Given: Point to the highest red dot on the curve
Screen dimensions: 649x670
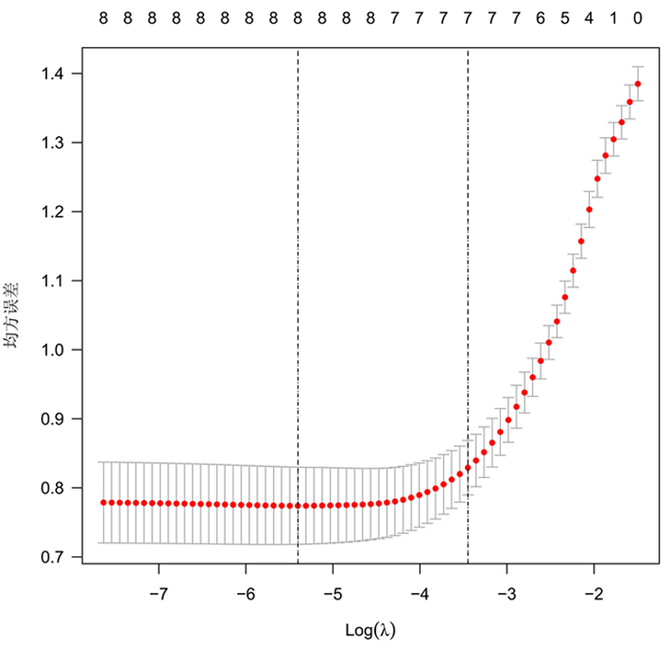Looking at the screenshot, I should [638, 83].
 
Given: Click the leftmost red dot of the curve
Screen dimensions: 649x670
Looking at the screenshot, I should [104, 502].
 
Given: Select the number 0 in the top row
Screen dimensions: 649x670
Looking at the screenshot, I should [638, 17].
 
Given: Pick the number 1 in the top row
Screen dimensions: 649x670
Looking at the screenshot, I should [614, 17].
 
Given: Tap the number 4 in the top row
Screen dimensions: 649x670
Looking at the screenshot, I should [590, 17].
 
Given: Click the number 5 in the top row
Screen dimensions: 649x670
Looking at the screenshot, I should [565, 17].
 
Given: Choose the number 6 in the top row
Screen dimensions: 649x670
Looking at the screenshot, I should [540, 17].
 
